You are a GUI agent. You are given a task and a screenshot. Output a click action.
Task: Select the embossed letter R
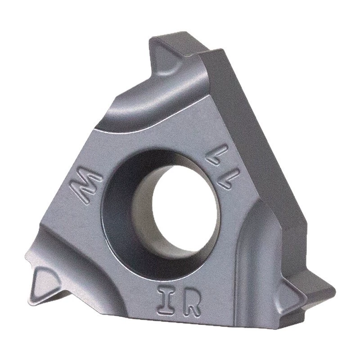(x=189, y=302)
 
